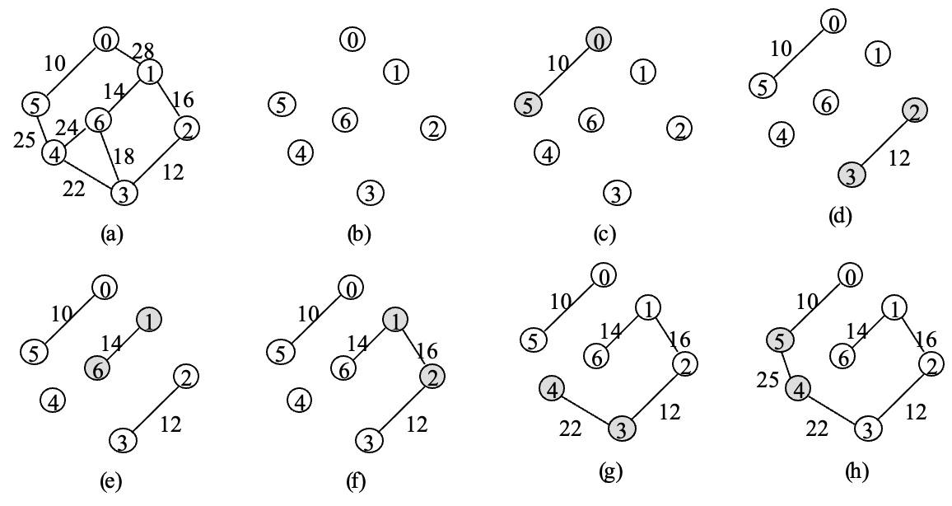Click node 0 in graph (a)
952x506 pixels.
click(106, 39)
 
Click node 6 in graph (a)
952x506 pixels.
click(98, 120)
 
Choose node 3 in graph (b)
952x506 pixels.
click(370, 193)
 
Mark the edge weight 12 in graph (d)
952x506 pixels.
click(899, 159)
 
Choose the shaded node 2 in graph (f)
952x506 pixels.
click(430, 376)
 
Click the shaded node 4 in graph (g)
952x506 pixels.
click(551, 389)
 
